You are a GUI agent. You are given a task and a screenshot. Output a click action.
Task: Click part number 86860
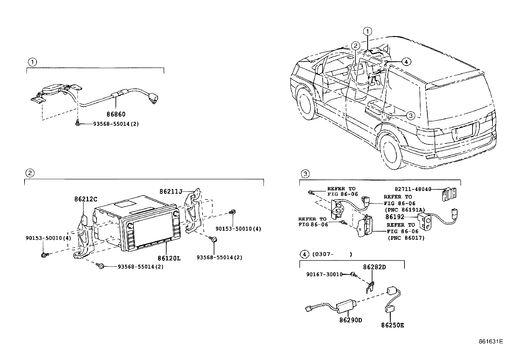pos(116,114)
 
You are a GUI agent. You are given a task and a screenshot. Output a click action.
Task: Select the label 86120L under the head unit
pos(169,258)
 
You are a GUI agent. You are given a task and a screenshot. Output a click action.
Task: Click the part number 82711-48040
pos(413,189)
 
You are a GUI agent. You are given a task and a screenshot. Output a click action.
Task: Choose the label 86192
pos(395,217)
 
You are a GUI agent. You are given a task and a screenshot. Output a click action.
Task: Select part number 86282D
pos(374,267)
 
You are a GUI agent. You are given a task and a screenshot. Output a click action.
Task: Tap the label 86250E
pos(392,325)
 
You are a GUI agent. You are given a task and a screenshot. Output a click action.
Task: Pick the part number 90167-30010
pos(324,274)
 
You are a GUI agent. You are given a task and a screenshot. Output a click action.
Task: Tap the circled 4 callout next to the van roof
pos(406,61)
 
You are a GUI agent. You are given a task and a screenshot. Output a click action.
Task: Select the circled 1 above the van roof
pos(368,31)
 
